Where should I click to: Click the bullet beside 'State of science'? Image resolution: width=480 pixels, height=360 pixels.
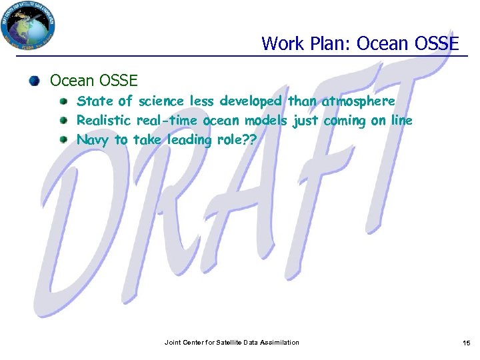click(x=63, y=102)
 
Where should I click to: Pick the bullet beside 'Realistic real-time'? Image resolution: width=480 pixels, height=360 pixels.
click(x=63, y=121)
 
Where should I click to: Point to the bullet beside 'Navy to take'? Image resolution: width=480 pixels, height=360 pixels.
click(x=63, y=140)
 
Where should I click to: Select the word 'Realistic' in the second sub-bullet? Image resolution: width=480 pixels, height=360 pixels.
click(x=105, y=121)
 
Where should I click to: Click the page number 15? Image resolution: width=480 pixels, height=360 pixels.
click(x=466, y=343)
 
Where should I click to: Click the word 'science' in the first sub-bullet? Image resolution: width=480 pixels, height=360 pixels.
click(x=161, y=101)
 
